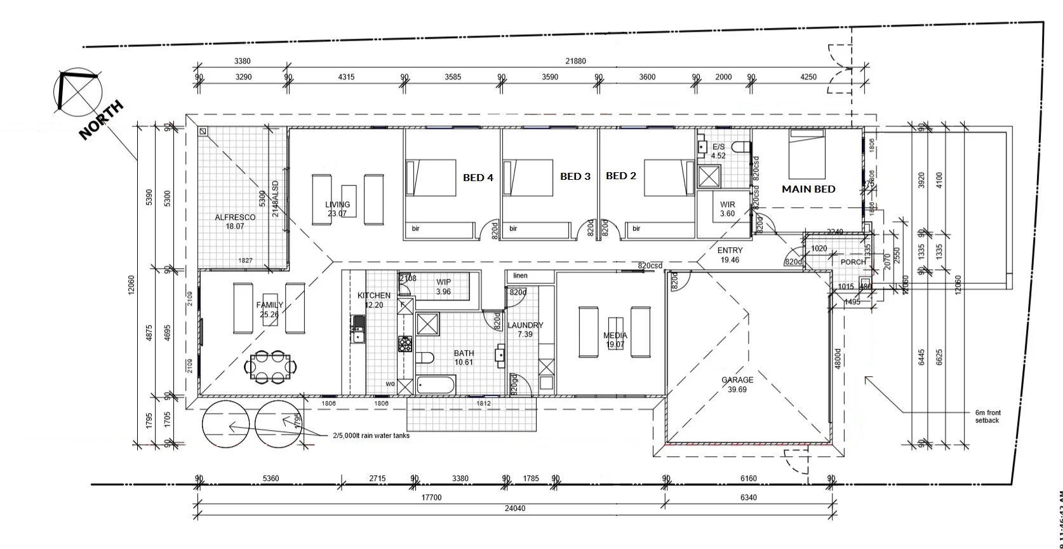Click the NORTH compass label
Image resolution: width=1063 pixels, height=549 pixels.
click(101, 120)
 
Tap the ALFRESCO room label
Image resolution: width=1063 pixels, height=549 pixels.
click(235, 221)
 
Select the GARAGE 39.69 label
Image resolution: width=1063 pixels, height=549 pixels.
click(737, 384)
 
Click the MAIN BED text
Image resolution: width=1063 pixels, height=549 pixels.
click(808, 189)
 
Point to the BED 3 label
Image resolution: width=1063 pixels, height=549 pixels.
click(575, 177)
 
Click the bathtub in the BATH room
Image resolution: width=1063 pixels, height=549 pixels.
click(436, 384)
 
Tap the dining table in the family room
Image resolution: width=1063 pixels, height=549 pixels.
click(272, 367)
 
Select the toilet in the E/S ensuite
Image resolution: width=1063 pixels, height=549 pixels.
click(740, 147)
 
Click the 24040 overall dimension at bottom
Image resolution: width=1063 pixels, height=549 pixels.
click(514, 508)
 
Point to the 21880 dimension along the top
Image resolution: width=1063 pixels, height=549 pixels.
click(575, 61)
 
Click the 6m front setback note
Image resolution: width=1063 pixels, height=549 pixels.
click(987, 416)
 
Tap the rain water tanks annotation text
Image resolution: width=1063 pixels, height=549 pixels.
click(371, 436)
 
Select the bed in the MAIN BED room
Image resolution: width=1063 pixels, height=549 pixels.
click(807, 154)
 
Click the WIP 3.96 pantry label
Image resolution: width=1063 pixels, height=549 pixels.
click(443, 287)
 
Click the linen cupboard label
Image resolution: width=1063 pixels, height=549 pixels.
click(520, 276)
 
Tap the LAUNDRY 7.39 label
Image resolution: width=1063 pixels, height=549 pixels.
click(525, 329)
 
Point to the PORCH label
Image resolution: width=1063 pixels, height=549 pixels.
click(853, 262)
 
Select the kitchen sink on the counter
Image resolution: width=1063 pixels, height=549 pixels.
click(358, 331)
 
